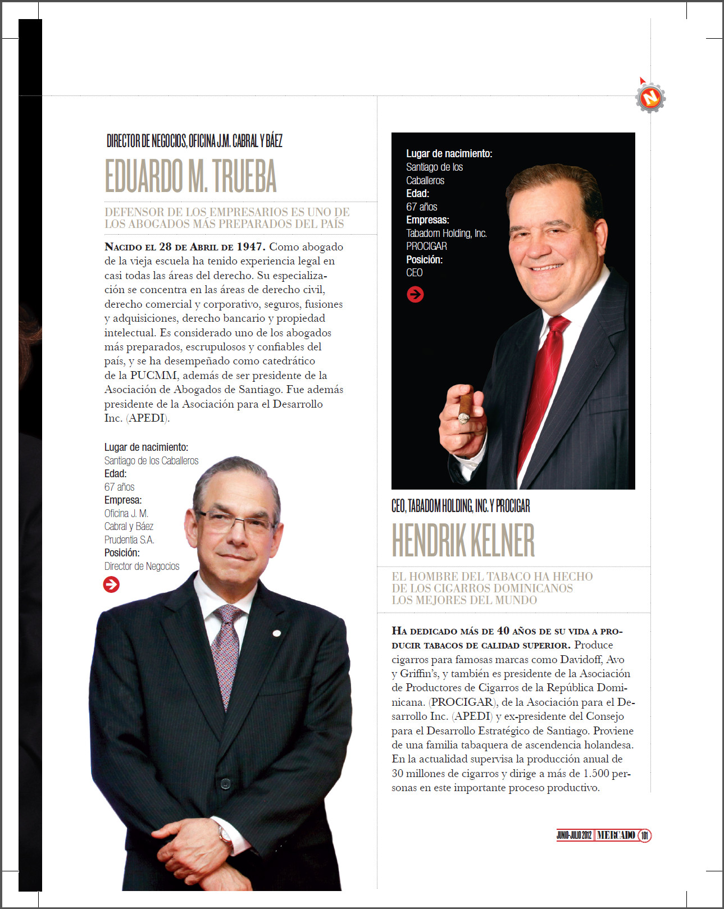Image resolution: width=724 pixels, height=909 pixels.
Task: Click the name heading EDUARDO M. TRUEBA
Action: [x=190, y=176]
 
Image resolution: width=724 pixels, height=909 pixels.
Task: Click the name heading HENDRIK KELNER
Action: [x=463, y=540]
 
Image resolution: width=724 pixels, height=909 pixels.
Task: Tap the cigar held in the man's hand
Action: [x=465, y=408]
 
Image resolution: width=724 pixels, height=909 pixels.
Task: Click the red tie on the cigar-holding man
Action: [x=542, y=382]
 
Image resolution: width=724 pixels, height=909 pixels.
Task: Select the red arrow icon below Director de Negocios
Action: [x=111, y=584]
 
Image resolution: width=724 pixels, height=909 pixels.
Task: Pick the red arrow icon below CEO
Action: [x=415, y=294]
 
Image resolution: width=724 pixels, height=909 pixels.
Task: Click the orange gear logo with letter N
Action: [x=650, y=98]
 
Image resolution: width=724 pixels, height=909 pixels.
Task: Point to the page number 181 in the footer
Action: [x=645, y=835]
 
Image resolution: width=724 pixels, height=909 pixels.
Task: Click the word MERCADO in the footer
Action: [x=616, y=835]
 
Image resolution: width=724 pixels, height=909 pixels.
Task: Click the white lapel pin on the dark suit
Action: [x=276, y=633]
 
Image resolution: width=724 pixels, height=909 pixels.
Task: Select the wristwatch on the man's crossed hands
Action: [x=226, y=835]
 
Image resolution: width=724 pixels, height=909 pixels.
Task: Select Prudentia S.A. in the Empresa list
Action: [x=129, y=540]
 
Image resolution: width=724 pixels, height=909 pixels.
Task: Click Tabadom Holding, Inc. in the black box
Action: [x=447, y=233]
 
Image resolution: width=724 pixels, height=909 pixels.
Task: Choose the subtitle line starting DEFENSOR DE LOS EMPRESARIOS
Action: [x=227, y=212]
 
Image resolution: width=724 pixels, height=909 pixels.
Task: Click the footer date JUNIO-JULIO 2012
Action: [x=574, y=835]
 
